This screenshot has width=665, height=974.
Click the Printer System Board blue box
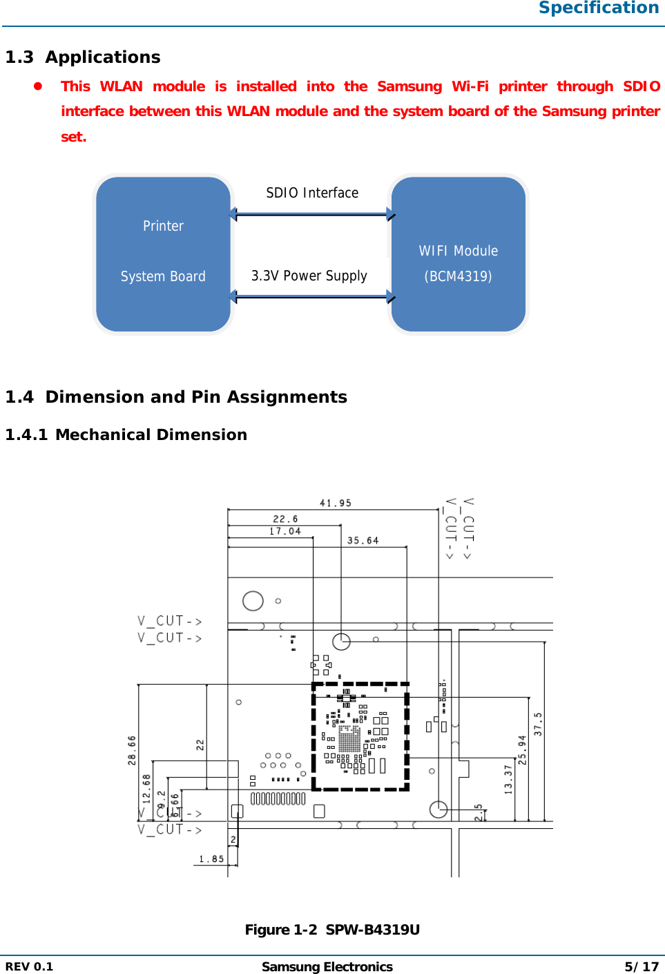coord(163,254)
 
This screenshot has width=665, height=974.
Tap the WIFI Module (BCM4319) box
coord(459,254)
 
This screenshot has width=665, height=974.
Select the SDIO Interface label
coord(312,193)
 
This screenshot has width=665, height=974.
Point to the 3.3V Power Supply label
coord(309,276)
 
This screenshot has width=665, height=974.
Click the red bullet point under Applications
coord(39,86)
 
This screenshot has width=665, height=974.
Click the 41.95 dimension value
coord(336,503)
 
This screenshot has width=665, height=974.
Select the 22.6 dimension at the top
coord(285,519)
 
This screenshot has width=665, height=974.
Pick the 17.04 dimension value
coord(285,531)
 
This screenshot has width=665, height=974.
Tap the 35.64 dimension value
coord(363,540)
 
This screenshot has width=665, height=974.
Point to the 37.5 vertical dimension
coord(538,724)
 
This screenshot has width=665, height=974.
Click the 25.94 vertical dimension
coord(522,749)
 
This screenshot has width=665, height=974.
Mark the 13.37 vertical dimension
coord(508,779)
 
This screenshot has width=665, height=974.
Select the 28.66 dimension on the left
coord(132,750)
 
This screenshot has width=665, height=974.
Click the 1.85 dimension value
coord(211,859)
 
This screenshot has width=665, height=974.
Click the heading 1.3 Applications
coord(83,57)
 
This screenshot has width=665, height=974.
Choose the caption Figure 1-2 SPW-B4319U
coord(332,930)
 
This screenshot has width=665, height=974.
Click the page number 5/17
coord(642,966)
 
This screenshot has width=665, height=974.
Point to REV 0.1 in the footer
coord(29,966)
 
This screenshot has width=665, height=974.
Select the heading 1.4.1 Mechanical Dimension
coord(126,435)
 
